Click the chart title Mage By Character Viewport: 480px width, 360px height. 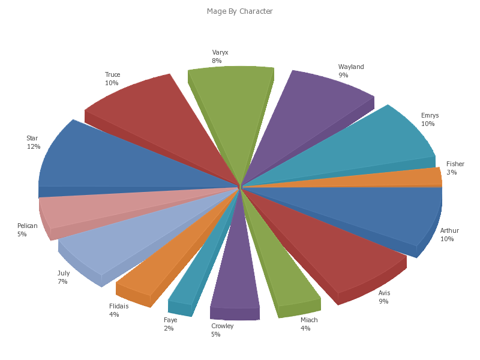239,11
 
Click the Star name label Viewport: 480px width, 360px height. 32,138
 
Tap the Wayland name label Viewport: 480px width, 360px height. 351,67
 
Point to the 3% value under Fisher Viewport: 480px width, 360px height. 451,172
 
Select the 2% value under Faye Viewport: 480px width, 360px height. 169,328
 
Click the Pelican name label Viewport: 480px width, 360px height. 28,226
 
